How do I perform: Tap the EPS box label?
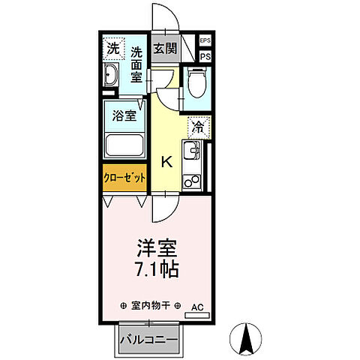pyautogui.click(x=205, y=40)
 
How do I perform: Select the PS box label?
pyautogui.click(x=205, y=56)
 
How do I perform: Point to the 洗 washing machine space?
pyautogui.click(x=112, y=49)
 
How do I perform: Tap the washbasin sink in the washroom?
pyautogui.click(x=110, y=75)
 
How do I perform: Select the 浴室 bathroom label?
pyautogui.click(x=124, y=116)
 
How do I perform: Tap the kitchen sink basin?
pyautogui.click(x=194, y=156)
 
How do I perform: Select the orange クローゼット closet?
pyautogui.click(x=124, y=177)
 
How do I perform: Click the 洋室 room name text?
pyautogui.click(x=157, y=247)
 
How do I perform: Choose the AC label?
pyautogui.click(x=197, y=307)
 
